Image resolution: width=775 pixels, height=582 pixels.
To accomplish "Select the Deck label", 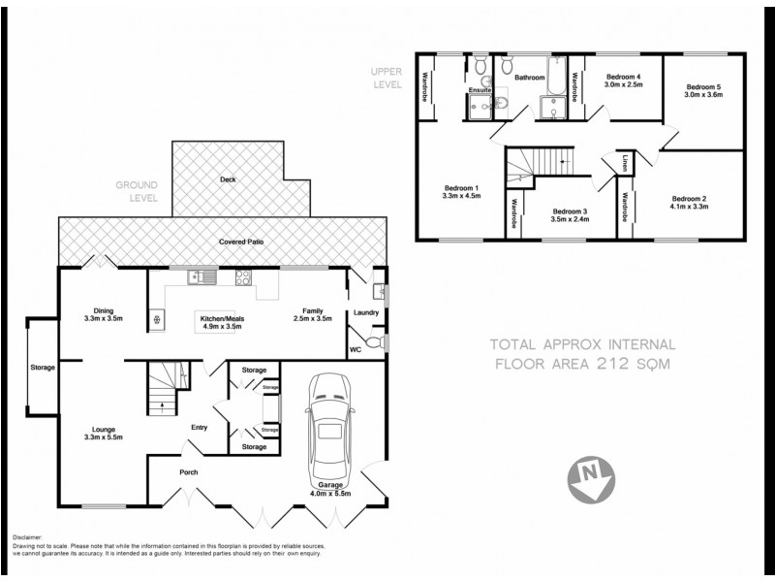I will click(228, 179).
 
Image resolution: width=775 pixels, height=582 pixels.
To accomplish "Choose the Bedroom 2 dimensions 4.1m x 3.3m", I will click(691, 207).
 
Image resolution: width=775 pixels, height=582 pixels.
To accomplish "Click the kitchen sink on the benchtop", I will click(203, 275).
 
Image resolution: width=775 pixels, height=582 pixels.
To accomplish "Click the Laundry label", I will click(366, 312).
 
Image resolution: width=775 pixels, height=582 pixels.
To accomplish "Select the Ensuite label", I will click(480, 90).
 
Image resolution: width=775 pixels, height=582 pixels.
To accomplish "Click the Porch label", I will click(188, 472).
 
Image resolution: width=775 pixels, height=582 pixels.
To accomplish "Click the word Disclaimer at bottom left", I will click(30, 536).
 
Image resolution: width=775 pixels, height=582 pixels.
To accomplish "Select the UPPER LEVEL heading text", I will click(386, 77).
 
